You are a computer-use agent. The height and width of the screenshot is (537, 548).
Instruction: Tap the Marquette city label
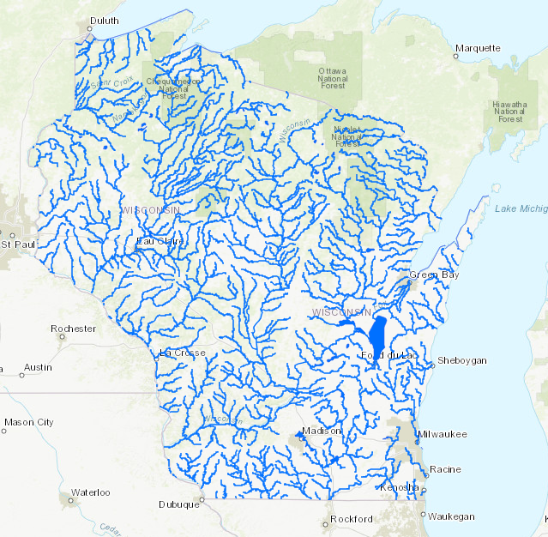[477, 48]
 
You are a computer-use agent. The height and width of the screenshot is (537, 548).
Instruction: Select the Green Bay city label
[433, 275]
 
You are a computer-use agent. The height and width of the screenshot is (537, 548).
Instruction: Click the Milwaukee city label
[443, 434]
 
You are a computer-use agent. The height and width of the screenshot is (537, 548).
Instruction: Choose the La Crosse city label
[182, 353]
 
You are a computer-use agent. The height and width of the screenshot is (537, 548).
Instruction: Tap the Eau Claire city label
[160, 241]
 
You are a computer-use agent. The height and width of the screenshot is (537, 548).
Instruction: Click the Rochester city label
[73, 329]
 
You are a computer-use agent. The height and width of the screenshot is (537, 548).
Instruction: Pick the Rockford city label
[352, 519]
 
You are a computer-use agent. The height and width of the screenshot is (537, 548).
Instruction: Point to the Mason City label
[28, 422]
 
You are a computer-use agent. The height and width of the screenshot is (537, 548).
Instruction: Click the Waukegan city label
[451, 516]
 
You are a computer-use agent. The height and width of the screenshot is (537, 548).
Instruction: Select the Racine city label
[445, 469]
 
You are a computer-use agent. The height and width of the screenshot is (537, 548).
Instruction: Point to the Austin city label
[37, 367]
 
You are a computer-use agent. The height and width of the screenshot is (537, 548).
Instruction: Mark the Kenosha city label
[401, 487]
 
